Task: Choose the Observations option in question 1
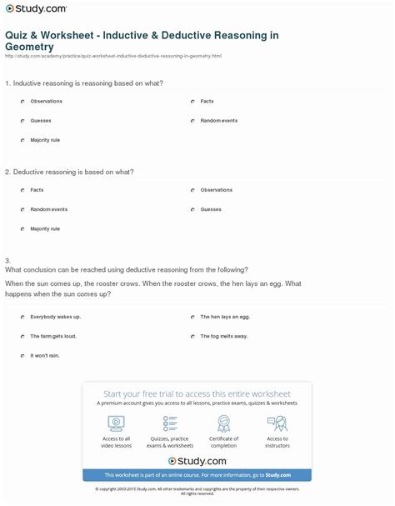pos(46,101)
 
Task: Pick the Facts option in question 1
pos(207,101)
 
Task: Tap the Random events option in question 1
pos(218,120)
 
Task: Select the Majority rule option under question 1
pos(45,139)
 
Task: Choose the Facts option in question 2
pos(37,189)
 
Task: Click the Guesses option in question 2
pos(210,208)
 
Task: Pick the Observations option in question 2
pos(216,189)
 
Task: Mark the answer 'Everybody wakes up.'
pos(55,317)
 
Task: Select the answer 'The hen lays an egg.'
pos(224,317)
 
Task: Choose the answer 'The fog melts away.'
pos(223,336)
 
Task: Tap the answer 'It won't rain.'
pos(45,355)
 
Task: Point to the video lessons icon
pos(116,423)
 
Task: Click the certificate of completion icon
pos(223,423)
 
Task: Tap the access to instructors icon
pos(277,423)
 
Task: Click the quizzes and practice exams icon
pos(170,423)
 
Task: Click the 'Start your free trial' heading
pos(197,393)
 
